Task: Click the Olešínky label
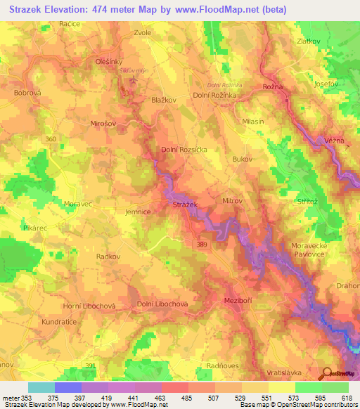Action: (x=109, y=62)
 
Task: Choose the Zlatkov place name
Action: (x=310, y=41)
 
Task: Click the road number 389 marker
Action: (x=202, y=242)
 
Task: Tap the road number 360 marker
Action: (x=50, y=139)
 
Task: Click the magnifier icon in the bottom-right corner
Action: (x=327, y=374)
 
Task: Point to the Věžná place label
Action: (x=335, y=141)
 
